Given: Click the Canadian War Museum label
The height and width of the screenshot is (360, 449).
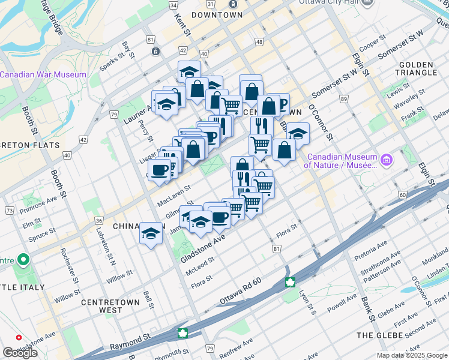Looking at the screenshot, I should coord(43,74).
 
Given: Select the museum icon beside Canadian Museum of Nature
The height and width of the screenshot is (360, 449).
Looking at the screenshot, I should coord(387,160).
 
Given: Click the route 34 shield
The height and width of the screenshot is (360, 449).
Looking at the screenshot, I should coord(173,5).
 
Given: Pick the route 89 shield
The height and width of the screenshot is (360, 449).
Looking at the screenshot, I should coord(344,98).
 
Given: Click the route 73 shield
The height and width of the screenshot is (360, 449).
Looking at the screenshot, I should coord(9,211).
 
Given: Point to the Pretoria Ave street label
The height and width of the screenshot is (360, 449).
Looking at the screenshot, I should coord(370,247).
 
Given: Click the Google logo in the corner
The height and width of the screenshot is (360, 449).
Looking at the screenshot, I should coord(20,353).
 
